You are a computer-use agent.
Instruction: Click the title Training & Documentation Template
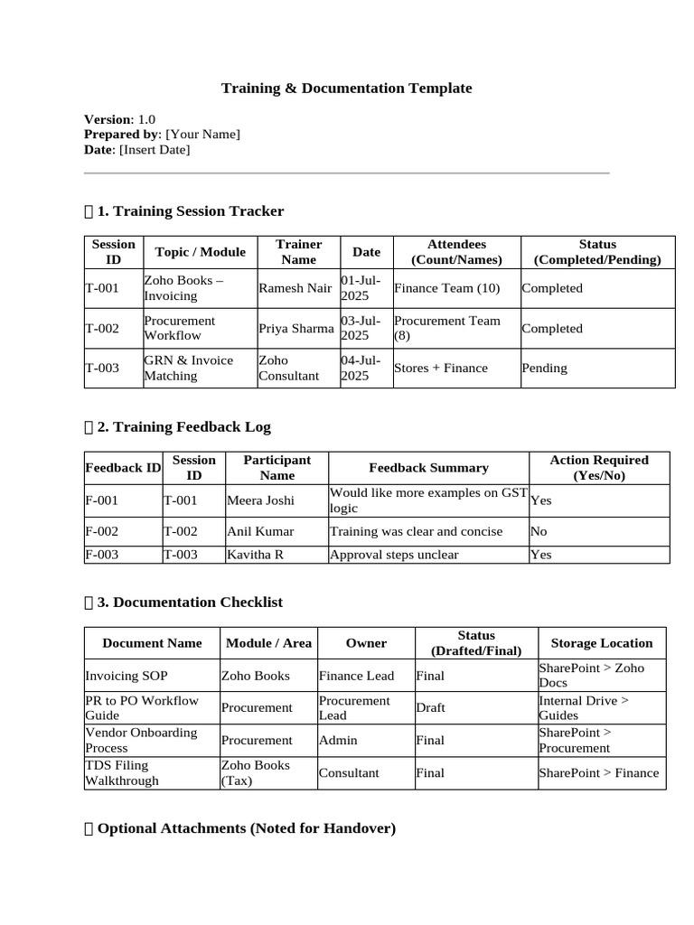pyautogui.click(x=347, y=88)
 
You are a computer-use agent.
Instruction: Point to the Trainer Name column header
pyautogui.click(x=298, y=252)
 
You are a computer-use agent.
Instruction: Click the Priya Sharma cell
pyautogui.click(x=295, y=328)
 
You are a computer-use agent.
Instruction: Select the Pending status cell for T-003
pyautogui.click(x=545, y=369)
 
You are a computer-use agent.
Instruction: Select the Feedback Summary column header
pyautogui.click(x=428, y=468)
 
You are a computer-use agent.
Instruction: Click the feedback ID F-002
pyautogui.click(x=101, y=532)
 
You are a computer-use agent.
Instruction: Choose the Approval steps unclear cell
pyautogui.click(x=394, y=555)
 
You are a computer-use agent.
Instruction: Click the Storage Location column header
pyautogui.click(x=601, y=643)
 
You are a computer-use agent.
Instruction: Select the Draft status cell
pyautogui.click(x=430, y=707)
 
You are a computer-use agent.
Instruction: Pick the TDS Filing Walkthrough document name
pyautogui.click(x=122, y=773)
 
